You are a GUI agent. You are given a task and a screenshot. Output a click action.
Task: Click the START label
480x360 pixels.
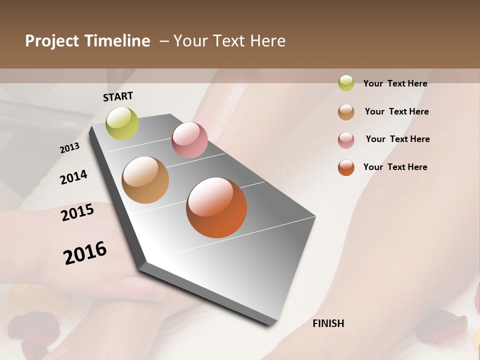(118, 96)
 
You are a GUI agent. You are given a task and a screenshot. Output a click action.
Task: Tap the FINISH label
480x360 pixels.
(328, 323)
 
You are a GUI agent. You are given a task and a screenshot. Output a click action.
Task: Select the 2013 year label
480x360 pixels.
(70, 148)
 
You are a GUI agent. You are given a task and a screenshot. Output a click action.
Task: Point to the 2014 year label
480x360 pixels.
(73, 177)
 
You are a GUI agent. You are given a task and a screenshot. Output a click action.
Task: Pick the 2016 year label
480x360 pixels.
(85, 253)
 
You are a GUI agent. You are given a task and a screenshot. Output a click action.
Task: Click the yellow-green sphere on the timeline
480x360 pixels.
(122, 123)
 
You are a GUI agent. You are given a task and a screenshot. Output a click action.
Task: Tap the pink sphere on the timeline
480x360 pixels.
(189, 140)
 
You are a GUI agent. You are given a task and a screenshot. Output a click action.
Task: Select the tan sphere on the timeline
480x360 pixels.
(145, 180)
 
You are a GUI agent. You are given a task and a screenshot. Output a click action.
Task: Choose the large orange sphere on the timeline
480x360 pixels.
(216, 207)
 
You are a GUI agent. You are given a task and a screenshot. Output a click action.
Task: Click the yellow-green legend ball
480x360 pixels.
(346, 83)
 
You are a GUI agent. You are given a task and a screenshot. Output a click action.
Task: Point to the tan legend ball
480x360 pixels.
(346, 112)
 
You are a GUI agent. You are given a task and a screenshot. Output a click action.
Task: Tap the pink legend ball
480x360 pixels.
(346, 140)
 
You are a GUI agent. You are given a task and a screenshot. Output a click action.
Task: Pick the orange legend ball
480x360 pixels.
(346, 167)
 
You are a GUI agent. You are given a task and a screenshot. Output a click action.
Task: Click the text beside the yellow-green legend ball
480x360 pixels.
(395, 83)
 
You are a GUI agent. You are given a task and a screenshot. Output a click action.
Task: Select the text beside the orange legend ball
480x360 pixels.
(395, 167)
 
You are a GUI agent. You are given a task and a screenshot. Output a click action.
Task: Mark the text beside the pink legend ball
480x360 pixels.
(397, 139)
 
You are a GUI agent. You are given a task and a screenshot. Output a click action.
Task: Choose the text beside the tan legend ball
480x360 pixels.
(396, 111)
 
